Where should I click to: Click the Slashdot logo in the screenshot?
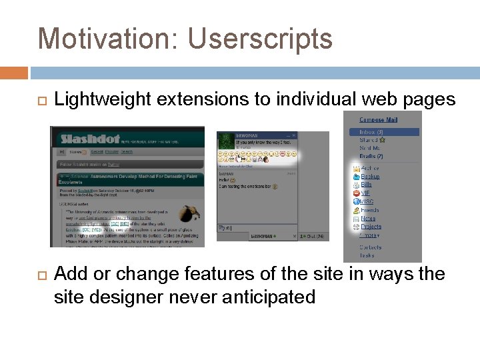[89, 139]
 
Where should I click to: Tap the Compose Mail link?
[378, 120]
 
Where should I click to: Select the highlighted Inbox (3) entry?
[371, 132]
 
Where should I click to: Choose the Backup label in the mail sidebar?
[370, 177]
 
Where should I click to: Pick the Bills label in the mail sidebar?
[366, 185]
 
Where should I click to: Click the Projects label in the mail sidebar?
[371, 227]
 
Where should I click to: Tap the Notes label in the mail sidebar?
[368, 218]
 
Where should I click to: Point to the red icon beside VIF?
[356, 193]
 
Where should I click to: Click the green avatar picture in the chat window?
[227, 141]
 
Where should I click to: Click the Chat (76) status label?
[313, 236]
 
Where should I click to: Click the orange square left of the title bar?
[13, 73]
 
